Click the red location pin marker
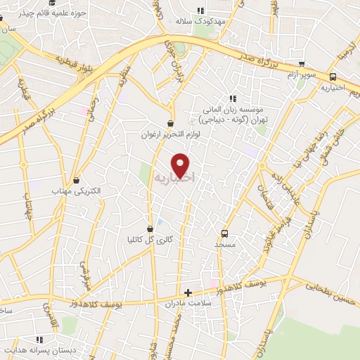[181, 165]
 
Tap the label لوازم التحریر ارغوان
[170, 134]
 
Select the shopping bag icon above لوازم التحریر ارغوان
[171, 123]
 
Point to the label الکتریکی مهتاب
[77, 191]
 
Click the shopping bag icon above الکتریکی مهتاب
[77, 180]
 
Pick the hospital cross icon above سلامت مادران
[188, 292]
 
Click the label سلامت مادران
[188, 303]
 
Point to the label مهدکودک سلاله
[201, 22]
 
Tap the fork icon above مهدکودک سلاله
[201, 11]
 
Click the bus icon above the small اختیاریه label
[333, 77]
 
